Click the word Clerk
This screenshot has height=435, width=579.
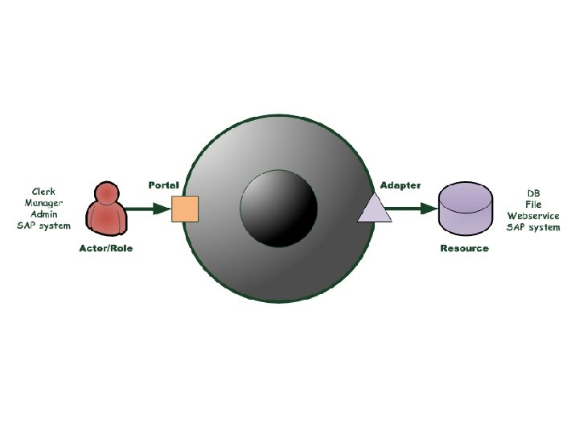coord(44,192)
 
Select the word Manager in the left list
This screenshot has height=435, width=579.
coord(44,203)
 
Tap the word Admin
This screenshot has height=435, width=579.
coord(44,214)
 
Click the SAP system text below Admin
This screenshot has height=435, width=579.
coord(44,226)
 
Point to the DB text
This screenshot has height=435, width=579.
coord(533,193)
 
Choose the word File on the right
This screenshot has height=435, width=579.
coord(533,205)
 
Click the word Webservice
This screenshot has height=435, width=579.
coord(533,216)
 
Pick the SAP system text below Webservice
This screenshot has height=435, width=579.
coord(533,227)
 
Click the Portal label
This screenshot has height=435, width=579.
coord(163,185)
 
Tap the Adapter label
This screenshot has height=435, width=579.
coord(400,185)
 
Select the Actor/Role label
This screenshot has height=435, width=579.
coord(106,248)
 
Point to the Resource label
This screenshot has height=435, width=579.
coord(464,248)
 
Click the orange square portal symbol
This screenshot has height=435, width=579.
coord(185,209)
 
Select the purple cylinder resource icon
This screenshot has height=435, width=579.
coord(466,209)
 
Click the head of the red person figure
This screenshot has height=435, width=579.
coord(106,193)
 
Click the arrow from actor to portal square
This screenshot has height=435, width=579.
coord(149,209)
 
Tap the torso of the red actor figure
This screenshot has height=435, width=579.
coord(106,218)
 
